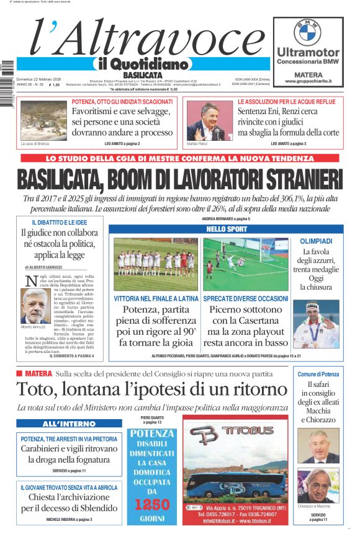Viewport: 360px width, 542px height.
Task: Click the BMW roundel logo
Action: tap(307, 31)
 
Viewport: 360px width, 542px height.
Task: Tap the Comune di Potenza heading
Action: tap(318, 374)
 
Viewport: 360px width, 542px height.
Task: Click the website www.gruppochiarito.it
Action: tap(308, 81)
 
